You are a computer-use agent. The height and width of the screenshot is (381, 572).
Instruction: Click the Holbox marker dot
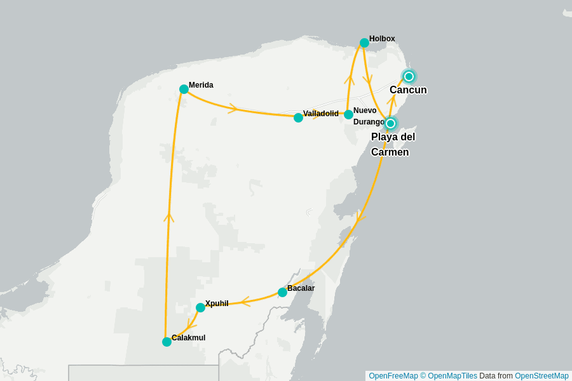pyautogui.click(x=364, y=43)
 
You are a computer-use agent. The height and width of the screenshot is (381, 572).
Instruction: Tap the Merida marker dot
pyautogui.click(x=184, y=89)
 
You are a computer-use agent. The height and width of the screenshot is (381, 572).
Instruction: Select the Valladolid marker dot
pyautogui.click(x=298, y=117)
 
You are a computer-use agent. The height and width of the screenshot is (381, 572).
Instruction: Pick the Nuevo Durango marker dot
pyautogui.click(x=348, y=114)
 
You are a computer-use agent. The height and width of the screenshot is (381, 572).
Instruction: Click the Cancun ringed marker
pyautogui.click(x=409, y=76)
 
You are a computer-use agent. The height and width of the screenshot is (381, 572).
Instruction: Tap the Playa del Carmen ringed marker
pyautogui.click(x=391, y=123)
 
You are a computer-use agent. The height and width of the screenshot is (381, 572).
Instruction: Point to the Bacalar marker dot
pyautogui.click(x=282, y=292)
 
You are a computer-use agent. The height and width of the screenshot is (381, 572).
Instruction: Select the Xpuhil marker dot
pyautogui.click(x=200, y=307)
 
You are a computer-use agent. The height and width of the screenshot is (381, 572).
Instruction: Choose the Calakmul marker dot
pyautogui.click(x=167, y=342)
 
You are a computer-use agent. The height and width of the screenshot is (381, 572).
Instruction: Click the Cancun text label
pyautogui.click(x=408, y=90)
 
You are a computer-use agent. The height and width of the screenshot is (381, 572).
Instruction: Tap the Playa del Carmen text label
pyautogui.click(x=393, y=145)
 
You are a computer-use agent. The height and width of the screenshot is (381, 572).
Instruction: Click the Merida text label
pyautogui.click(x=201, y=85)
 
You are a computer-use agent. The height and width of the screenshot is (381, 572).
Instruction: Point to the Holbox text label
pyautogui.click(x=382, y=39)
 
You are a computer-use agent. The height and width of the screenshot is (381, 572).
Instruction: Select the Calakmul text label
pyautogui.click(x=188, y=338)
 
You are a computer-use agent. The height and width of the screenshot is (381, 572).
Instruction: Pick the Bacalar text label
pyautogui.click(x=301, y=288)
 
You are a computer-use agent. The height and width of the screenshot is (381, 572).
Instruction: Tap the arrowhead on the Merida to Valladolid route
pyautogui.click(x=233, y=109)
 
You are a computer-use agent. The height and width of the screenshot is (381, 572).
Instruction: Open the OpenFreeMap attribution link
pyautogui.click(x=393, y=376)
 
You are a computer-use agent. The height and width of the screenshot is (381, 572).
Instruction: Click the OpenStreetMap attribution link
pyautogui.click(x=541, y=376)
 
